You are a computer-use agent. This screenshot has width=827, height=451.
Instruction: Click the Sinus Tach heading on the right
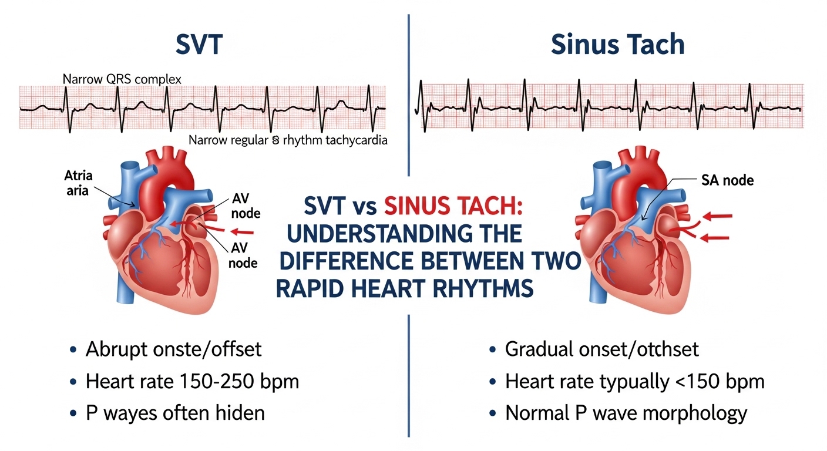618,45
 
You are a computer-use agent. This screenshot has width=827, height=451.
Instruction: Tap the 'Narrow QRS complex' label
122,78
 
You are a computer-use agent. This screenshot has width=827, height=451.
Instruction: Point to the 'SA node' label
727,181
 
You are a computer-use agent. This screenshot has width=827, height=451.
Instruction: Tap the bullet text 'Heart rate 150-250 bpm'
192,382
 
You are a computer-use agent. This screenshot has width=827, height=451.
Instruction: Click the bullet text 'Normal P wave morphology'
626,413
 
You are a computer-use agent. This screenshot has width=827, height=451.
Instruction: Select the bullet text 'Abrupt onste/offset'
173,350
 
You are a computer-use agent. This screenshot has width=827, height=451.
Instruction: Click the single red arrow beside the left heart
244,231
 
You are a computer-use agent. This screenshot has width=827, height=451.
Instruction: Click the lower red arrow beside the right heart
715,238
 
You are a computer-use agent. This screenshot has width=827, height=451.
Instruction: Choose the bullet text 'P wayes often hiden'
175,413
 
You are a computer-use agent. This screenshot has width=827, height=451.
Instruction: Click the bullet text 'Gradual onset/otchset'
602,350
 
